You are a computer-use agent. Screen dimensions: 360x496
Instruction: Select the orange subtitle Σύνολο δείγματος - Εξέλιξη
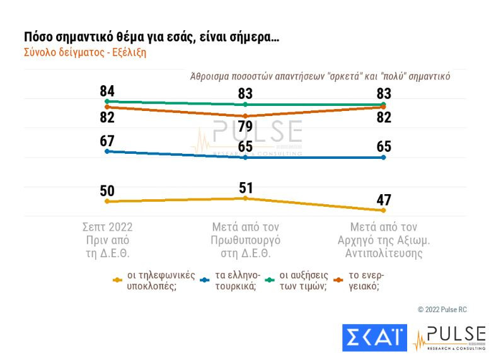[x=85, y=53]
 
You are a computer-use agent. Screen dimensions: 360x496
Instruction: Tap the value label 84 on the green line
[x=107, y=91]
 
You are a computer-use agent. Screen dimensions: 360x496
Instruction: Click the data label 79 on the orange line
[x=245, y=125]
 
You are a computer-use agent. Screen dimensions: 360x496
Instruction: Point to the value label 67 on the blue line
[x=107, y=141]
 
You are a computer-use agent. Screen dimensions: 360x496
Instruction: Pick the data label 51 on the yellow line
[x=245, y=187]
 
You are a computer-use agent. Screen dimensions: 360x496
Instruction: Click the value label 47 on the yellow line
[x=383, y=200]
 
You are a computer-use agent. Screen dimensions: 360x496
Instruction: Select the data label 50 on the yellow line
[x=107, y=190]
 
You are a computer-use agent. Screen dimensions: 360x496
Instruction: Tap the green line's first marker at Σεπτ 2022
[x=107, y=101]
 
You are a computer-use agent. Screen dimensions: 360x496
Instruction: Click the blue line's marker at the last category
[x=383, y=157]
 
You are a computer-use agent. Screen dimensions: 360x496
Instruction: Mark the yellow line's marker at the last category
[x=383, y=211]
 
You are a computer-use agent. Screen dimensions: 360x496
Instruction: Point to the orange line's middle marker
[x=245, y=116]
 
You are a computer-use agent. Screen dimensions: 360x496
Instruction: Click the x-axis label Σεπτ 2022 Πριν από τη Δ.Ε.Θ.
[x=108, y=240]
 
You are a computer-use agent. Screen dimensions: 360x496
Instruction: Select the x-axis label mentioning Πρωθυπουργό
[x=245, y=240]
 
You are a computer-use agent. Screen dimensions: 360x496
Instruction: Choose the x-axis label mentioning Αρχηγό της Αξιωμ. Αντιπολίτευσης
[x=383, y=240]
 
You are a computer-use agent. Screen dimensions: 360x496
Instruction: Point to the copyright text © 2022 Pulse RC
[x=442, y=310]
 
